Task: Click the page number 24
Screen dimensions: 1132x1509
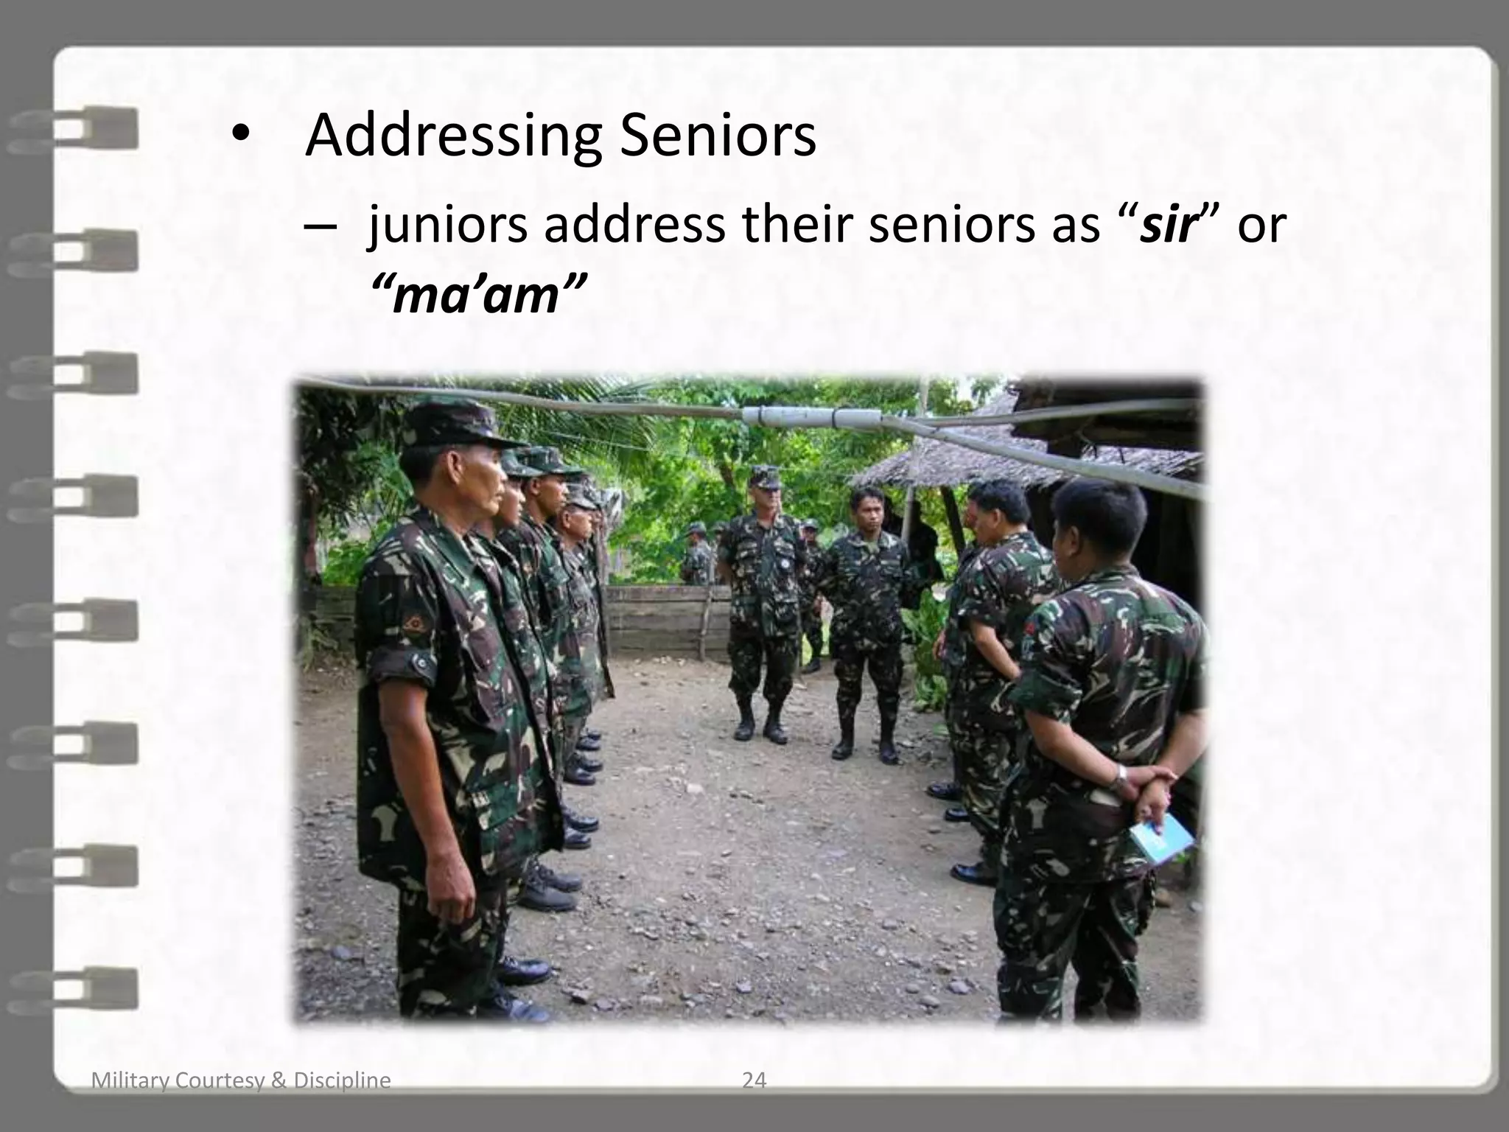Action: (x=754, y=1080)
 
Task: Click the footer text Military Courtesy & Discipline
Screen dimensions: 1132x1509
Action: (x=241, y=1080)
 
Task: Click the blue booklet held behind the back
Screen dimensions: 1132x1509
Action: (x=1160, y=840)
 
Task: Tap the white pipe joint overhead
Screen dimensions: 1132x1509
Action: (x=810, y=418)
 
